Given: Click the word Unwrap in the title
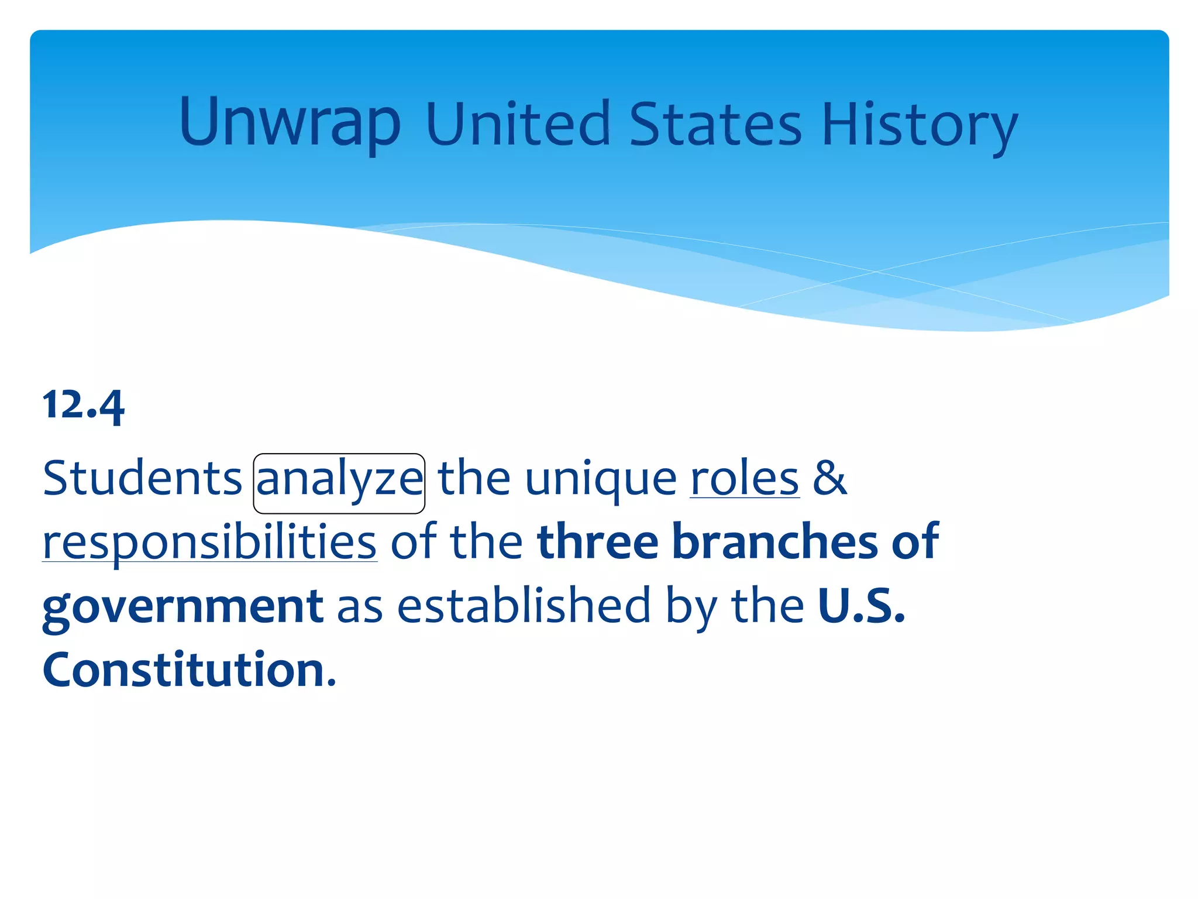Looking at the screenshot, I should pos(290,123).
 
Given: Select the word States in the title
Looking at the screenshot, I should pos(715,124).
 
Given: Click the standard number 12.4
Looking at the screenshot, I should pos(83,405).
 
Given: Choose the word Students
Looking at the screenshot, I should pos(142,478).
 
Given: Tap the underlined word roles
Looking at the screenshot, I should pos(744,479).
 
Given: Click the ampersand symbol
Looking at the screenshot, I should pos(830,478).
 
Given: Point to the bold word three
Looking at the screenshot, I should pos(597,541).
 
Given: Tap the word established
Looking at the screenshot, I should pos(524,605).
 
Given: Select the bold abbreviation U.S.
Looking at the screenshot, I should pos(862,605).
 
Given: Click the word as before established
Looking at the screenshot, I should pos(359,606).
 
